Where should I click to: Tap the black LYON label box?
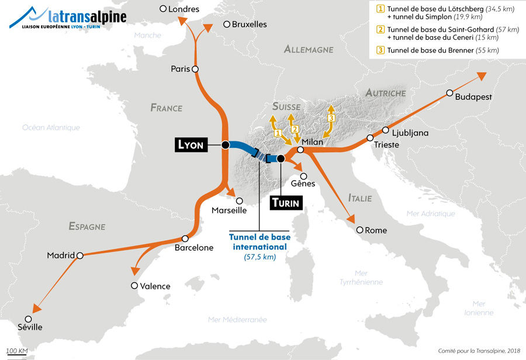[190, 145]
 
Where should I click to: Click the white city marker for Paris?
[195, 69]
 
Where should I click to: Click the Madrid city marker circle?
[80, 255]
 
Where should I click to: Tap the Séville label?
[30, 327]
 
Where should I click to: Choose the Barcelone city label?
[194, 248]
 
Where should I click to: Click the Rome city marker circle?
[360, 230]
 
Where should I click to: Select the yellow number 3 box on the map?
[331, 119]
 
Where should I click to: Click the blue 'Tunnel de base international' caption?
[259, 242]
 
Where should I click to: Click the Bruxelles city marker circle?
[226, 24]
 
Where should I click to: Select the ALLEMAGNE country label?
[309, 50]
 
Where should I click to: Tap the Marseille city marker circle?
[239, 200]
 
